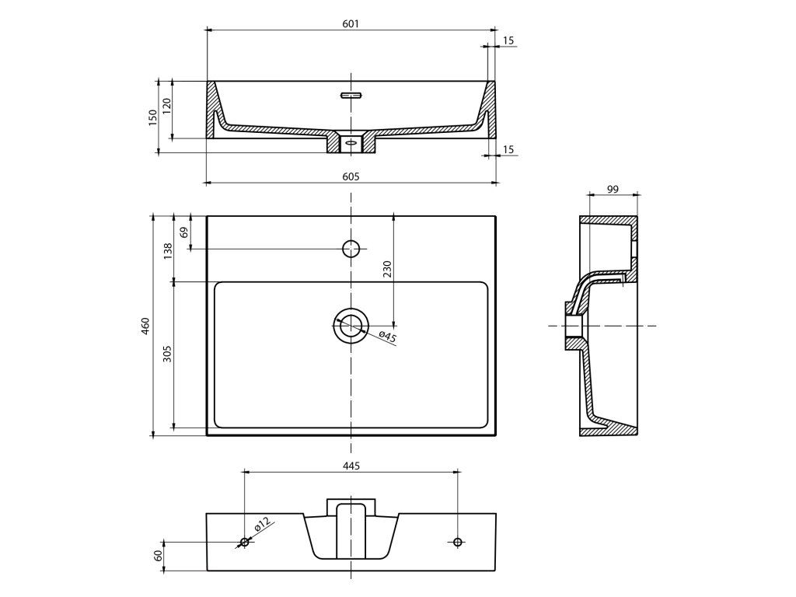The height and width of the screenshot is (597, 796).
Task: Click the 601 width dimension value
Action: [x=350, y=24]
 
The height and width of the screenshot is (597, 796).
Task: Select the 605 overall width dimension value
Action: [x=351, y=176]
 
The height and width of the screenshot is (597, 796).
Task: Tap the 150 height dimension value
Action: [x=153, y=117]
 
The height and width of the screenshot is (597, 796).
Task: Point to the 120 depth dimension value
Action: [x=166, y=108]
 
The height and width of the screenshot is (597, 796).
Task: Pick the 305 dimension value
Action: [x=166, y=354]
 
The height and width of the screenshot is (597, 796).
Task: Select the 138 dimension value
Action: [x=166, y=250]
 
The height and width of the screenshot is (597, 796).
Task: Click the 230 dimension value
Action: [x=386, y=269]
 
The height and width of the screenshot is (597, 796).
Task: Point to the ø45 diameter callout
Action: [x=388, y=337]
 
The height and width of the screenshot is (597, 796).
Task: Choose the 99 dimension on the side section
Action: [x=613, y=189]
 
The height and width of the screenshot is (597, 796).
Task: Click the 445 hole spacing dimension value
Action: [x=351, y=466]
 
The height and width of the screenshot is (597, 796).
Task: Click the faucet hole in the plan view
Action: [x=351, y=249]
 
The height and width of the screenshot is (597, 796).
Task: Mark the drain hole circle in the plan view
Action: [x=351, y=326]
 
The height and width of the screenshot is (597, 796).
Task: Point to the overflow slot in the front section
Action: [x=351, y=96]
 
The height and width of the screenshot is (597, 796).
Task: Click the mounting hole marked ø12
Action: [x=244, y=542]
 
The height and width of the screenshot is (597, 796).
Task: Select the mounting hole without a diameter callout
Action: [x=457, y=541]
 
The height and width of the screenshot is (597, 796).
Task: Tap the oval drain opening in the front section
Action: [x=351, y=143]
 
